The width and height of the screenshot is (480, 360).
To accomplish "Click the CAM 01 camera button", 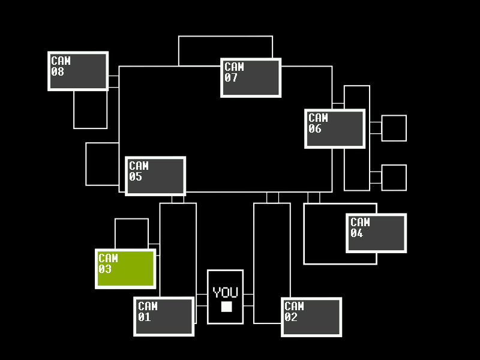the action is coord(164,317).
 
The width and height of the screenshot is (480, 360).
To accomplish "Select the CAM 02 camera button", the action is coord(311,317).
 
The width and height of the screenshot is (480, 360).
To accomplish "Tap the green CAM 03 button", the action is coord(125,269).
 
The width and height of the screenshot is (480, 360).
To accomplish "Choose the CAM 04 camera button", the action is coord(376,233).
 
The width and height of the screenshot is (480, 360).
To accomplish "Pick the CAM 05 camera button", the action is coord(155,176).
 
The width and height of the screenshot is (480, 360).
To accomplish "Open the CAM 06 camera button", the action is coord(335,128).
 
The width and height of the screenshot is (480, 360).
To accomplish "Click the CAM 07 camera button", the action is coord(251,78).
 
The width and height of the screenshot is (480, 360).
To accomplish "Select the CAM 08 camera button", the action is coord(78,71).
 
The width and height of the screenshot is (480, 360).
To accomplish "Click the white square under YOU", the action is coord(227,307).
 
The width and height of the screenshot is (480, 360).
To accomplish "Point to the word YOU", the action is coord(226,292).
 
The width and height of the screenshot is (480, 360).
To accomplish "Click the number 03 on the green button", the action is coord(105,269).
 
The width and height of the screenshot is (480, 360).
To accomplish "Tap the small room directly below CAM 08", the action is coord(91,110).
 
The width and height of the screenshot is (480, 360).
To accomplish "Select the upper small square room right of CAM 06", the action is coord(394,128).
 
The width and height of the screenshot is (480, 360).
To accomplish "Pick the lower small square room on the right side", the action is coord(394,178).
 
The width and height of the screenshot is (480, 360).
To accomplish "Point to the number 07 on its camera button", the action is coord(231,78).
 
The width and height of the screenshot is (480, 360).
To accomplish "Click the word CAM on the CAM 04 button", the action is coord(360,222).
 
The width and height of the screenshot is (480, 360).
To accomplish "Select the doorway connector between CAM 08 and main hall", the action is coord(114,82).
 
